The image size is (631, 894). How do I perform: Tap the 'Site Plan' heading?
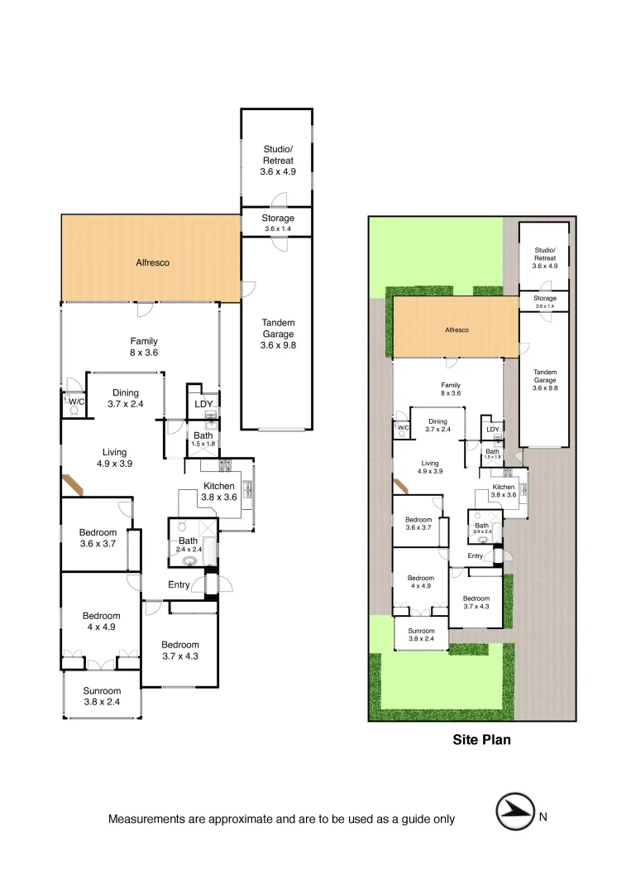coord(481,740)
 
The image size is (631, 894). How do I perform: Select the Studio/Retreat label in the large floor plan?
coord(278,161)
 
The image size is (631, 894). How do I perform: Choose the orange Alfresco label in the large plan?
coord(152,262)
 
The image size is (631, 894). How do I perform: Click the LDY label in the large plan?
coord(203,404)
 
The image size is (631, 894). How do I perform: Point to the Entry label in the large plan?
coord(179,585)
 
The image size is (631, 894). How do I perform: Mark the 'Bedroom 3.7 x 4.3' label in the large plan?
coord(180,651)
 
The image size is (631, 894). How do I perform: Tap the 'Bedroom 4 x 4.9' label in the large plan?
coord(101,621)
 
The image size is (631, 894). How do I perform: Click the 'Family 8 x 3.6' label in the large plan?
coord(143,346)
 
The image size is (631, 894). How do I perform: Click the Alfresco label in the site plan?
coord(457,329)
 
